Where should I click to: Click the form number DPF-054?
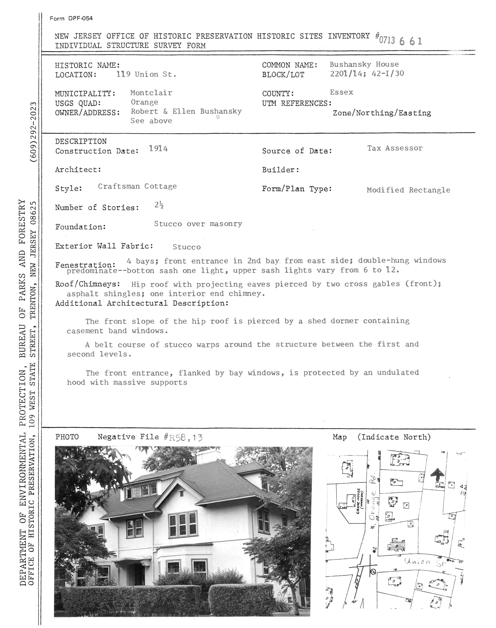click(x=71, y=19)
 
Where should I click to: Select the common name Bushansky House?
click(x=364, y=64)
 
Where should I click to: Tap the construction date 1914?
click(x=158, y=149)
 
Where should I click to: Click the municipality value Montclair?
click(x=151, y=93)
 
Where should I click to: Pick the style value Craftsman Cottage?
click(x=137, y=186)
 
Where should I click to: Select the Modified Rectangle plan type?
click(x=408, y=190)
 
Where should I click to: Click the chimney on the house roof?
click(x=208, y=457)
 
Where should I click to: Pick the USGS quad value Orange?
click(x=144, y=102)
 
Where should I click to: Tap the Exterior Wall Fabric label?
click(x=104, y=246)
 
